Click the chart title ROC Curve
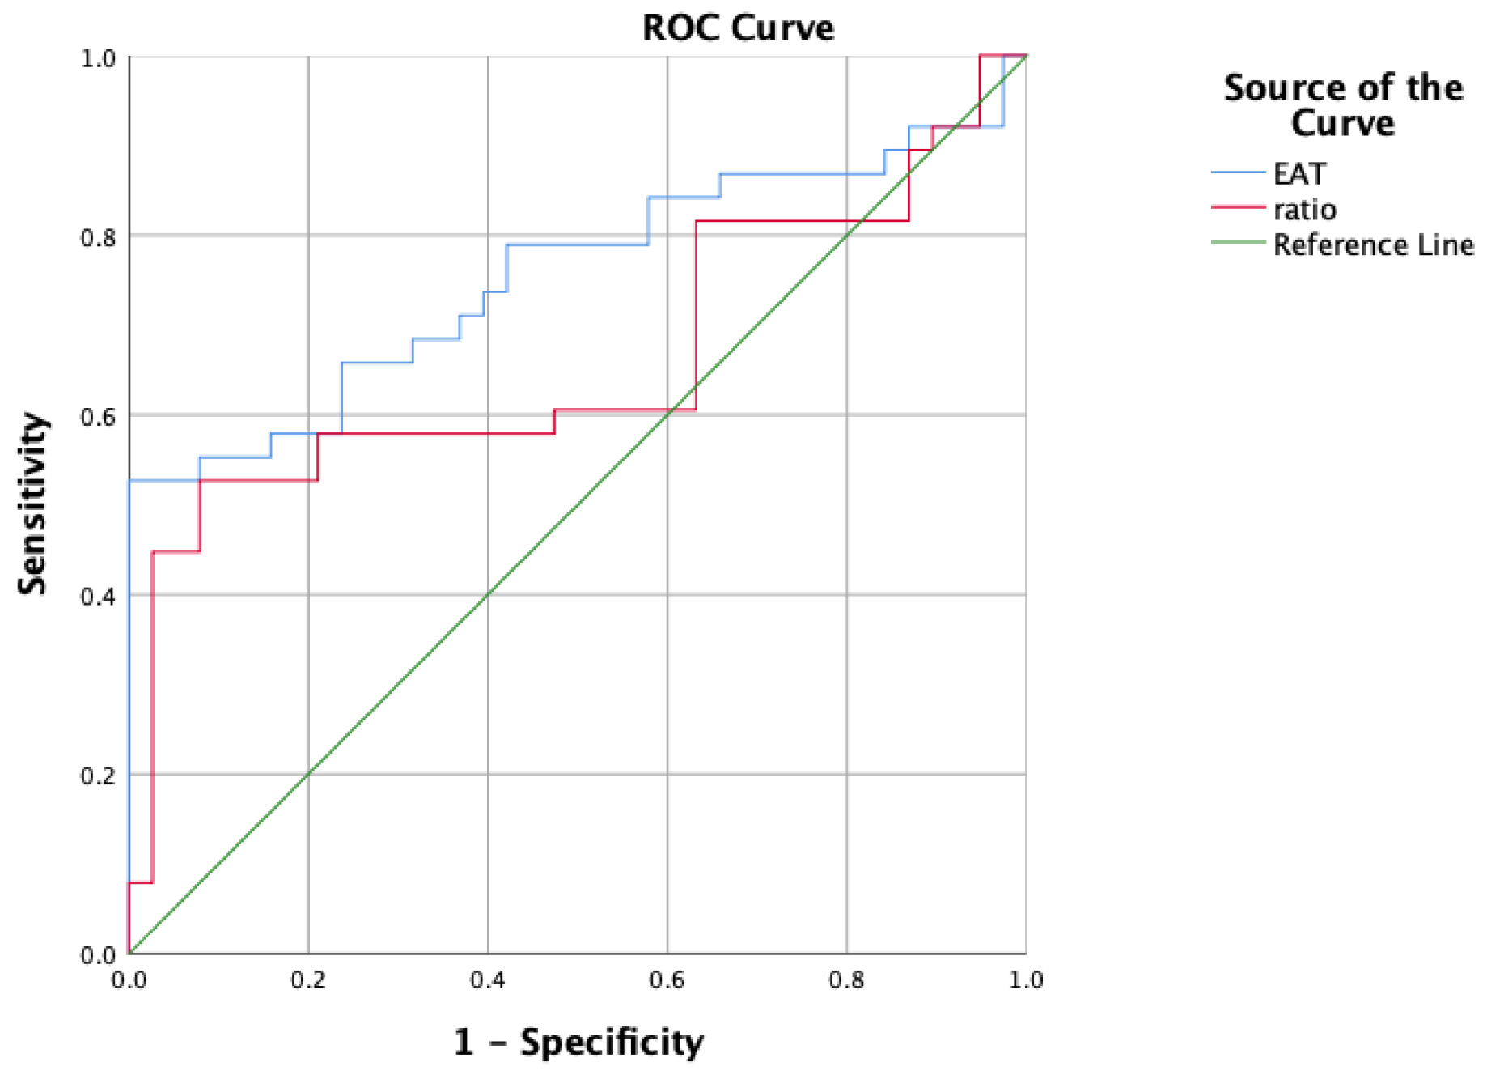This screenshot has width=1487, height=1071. click(x=738, y=28)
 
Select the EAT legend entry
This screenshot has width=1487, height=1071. click(x=1299, y=174)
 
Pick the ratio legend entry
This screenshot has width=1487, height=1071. click(x=1304, y=210)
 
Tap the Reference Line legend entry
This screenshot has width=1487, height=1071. click(x=1373, y=244)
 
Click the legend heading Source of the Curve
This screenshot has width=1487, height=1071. click(x=1343, y=105)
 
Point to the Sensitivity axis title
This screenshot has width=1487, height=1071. click(x=33, y=504)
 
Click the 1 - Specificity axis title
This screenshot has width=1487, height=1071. click(x=578, y=1041)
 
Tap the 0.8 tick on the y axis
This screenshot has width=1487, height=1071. click(x=98, y=237)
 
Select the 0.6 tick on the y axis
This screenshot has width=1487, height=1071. click(x=98, y=417)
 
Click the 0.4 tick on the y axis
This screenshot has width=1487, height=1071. click(x=98, y=597)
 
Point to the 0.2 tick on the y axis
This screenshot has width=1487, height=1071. click(x=98, y=776)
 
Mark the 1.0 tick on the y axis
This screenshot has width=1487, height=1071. click(x=98, y=58)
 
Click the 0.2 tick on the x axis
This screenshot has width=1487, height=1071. click(x=308, y=980)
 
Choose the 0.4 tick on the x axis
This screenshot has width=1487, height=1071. click(x=488, y=980)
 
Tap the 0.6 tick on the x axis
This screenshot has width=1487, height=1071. click(x=667, y=980)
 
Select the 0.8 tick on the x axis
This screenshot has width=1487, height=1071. click(x=847, y=980)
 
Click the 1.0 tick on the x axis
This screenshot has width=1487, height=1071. click(x=1026, y=980)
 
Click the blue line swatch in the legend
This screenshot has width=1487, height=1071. click(x=1238, y=172)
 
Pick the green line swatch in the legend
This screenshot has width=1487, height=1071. click(x=1238, y=242)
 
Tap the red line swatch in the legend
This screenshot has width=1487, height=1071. click(x=1238, y=208)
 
